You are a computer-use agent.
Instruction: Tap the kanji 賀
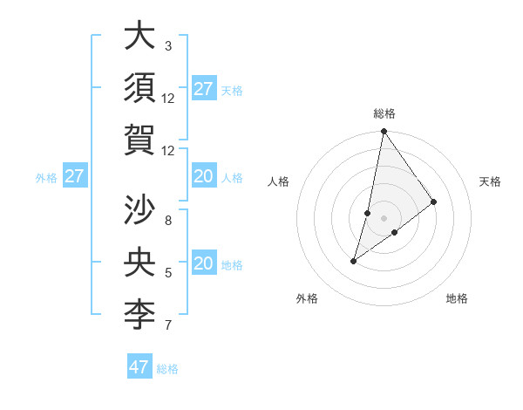click(139, 140)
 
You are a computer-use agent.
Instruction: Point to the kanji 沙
click(139, 210)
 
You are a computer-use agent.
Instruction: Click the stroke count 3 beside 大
click(168, 45)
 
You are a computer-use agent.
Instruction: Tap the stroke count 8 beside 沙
click(168, 220)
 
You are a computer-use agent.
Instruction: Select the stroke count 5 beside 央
click(168, 273)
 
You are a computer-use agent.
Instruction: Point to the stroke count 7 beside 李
click(168, 325)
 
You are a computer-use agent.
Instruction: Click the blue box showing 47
click(139, 367)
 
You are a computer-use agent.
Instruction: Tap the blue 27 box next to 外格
click(75, 177)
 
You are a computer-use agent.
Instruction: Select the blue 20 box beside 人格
click(203, 177)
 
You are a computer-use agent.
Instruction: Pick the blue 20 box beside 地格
click(203, 263)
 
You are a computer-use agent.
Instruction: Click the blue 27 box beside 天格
click(203, 89)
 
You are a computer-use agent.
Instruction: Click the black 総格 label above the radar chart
click(384, 113)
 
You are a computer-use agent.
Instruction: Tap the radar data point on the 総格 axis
click(384, 132)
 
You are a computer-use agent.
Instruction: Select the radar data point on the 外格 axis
click(354, 261)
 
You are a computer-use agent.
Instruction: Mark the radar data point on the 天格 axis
click(434, 202)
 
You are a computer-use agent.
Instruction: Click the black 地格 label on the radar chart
click(457, 298)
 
